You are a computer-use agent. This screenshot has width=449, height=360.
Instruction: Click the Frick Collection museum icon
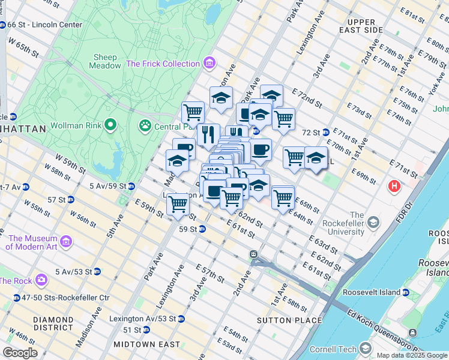click(x=209, y=63)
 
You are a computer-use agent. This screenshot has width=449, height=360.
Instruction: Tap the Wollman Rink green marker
click(x=110, y=125)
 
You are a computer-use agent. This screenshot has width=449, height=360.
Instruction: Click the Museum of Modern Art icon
click(x=66, y=241)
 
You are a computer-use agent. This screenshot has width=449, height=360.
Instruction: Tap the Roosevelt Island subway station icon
click(x=405, y=292)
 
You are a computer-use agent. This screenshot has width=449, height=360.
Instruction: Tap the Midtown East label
click(x=146, y=344)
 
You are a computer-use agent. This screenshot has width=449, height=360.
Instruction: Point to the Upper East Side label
click(x=365, y=26)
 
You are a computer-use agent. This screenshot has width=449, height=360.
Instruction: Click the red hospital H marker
click(x=394, y=186)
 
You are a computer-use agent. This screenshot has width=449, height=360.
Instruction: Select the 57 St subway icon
click(x=71, y=199)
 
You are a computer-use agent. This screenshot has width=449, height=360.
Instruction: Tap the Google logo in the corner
click(x=20, y=353)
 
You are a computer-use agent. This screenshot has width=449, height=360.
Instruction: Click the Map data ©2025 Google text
click(x=411, y=355)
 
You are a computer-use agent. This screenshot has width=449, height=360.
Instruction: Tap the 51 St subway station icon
click(x=146, y=330)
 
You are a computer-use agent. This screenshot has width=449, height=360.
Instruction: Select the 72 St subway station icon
click(x=325, y=132)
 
